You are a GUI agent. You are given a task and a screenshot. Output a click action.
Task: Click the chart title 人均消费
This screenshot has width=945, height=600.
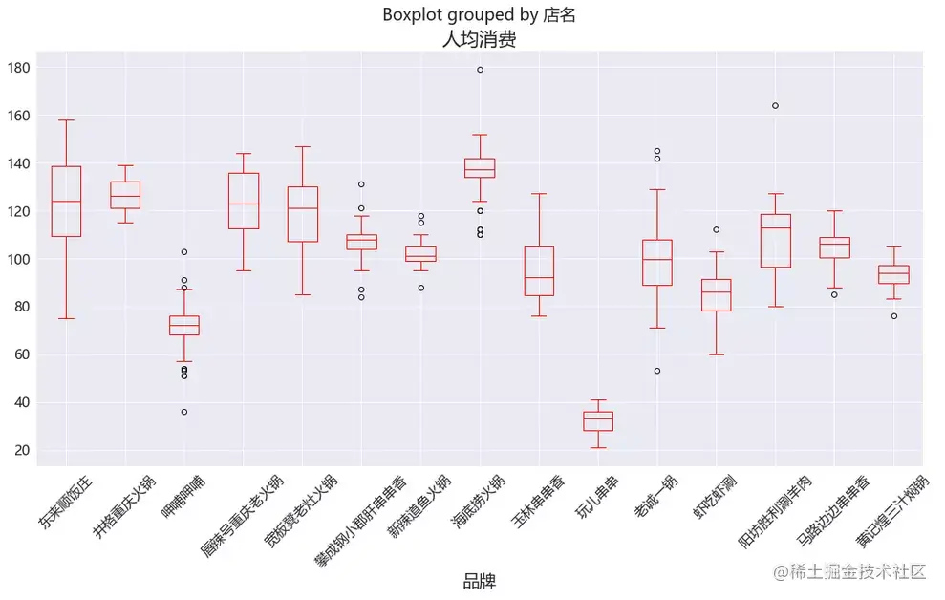tap(479, 40)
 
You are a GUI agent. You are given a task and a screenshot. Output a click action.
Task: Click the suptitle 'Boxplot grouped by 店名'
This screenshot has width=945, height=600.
tap(479, 14)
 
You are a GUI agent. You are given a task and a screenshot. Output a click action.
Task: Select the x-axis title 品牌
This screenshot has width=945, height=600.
tap(479, 581)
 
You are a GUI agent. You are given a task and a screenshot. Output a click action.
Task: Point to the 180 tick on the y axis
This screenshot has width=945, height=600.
tap(19, 68)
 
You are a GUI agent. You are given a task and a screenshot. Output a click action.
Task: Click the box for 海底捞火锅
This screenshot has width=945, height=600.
tap(480, 167)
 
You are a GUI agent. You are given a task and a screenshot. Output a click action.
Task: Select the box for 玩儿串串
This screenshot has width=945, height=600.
tap(598, 421)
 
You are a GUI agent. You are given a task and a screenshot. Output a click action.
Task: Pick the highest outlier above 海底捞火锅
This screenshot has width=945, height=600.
tap(480, 70)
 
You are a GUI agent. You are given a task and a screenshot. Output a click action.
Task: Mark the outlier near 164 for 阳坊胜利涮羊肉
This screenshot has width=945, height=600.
tap(775, 105)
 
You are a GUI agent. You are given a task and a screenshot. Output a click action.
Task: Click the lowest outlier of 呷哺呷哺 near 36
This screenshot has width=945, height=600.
tap(184, 412)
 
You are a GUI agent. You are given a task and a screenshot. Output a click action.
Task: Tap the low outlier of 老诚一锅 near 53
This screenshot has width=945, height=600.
tap(657, 371)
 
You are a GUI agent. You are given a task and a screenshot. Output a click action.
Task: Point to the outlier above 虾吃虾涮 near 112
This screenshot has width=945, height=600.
tap(716, 229)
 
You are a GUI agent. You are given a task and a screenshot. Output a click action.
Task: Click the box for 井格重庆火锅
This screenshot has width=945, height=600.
tap(125, 195)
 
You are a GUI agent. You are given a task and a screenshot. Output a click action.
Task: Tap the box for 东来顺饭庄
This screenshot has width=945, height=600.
tap(66, 202)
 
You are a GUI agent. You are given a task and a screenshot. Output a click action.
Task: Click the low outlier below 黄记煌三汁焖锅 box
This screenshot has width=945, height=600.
tap(894, 316)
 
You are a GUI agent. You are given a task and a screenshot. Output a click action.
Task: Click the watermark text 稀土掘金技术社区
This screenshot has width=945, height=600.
tap(856, 571)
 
